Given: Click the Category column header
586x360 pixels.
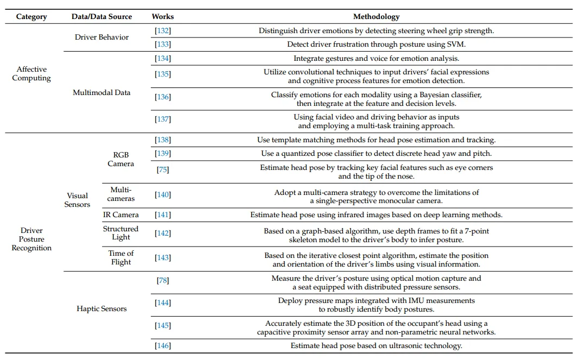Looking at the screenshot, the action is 31,17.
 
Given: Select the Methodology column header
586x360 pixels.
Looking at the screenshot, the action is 377,17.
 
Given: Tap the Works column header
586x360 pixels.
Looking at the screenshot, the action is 163,17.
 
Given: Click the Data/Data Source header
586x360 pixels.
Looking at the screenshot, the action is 101,17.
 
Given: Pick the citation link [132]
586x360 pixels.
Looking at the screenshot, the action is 163,30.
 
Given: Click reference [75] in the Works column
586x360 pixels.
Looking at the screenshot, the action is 163,170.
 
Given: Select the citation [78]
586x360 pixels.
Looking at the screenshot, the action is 163,280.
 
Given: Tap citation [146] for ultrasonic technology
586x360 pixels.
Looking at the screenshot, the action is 163,346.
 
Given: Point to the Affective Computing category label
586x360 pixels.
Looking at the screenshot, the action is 31,74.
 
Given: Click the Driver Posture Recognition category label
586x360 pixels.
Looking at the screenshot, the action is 31,239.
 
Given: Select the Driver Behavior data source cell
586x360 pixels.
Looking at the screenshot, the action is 101,37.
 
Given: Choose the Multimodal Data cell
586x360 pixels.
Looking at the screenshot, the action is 101,93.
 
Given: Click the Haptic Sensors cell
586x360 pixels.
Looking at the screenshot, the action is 101,309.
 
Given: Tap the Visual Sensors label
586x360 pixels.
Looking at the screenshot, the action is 78,200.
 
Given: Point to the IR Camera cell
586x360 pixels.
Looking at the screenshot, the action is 120,215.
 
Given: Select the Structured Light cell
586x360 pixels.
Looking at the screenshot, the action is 120,233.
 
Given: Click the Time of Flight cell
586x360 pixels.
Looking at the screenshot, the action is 120,257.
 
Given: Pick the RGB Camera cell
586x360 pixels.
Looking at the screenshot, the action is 120,159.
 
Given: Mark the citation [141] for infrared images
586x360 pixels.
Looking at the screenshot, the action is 163,215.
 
